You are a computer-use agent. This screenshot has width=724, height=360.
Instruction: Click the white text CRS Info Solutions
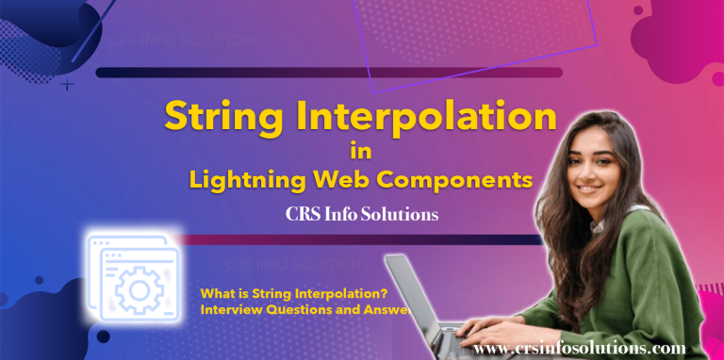362,214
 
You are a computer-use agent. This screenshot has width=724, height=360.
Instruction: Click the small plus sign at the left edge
67,85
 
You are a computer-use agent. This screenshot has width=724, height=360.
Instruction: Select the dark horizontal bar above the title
329,73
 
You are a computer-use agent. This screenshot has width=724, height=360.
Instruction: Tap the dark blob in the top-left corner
38,24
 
